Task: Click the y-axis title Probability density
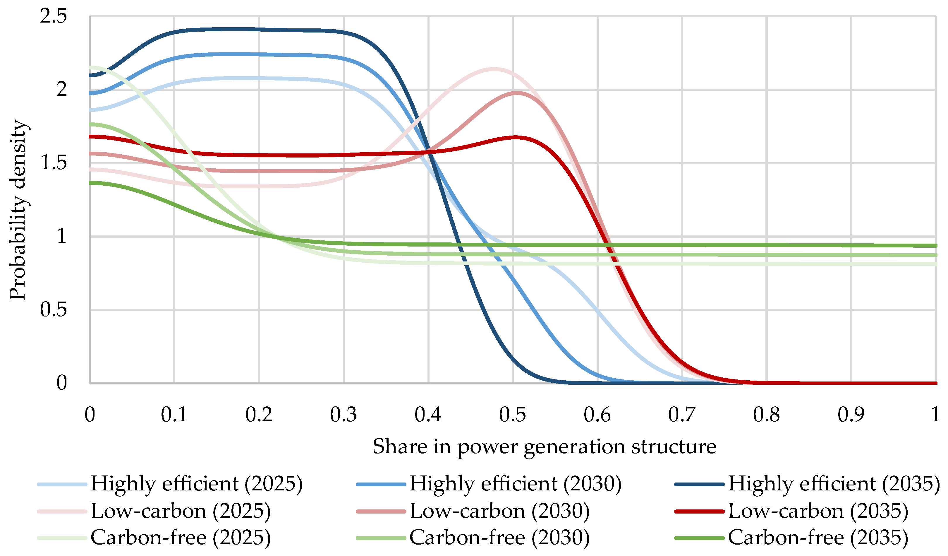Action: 18,210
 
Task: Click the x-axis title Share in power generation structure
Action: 544,447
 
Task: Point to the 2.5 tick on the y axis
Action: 54,16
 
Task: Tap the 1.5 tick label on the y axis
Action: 54,163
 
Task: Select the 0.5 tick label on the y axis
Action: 54,310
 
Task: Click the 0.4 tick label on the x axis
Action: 428,415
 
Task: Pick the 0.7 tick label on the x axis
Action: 682,415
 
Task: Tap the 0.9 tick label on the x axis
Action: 851,415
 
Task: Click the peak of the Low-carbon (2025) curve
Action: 493,69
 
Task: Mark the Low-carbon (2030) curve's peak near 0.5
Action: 517,93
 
